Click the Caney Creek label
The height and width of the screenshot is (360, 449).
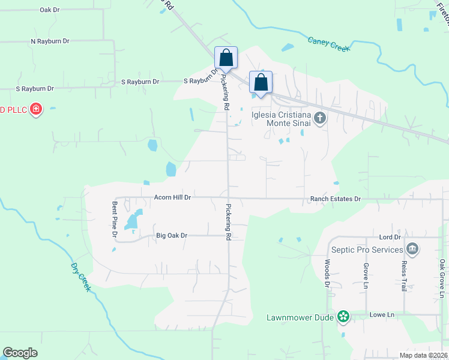(x=328, y=44)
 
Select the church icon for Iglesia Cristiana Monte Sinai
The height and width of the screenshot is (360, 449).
(x=320, y=118)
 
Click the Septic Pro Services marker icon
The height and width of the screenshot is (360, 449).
(x=412, y=249)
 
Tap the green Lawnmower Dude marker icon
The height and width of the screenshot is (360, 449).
(x=343, y=316)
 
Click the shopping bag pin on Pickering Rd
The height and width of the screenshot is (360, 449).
(x=226, y=58)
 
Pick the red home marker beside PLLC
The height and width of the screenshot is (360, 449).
(x=36, y=109)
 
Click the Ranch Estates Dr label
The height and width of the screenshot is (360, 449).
(x=335, y=199)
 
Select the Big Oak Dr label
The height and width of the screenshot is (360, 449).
(x=171, y=236)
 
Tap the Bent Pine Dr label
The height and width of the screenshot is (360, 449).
(x=114, y=218)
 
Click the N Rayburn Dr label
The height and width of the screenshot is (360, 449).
(x=50, y=41)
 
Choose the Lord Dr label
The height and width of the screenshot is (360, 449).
(x=390, y=238)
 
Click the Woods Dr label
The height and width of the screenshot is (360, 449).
(x=328, y=271)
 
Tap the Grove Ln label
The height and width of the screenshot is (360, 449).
(x=365, y=276)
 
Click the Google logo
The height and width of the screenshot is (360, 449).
(x=20, y=353)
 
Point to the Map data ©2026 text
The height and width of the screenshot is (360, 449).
(x=423, y=355)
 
